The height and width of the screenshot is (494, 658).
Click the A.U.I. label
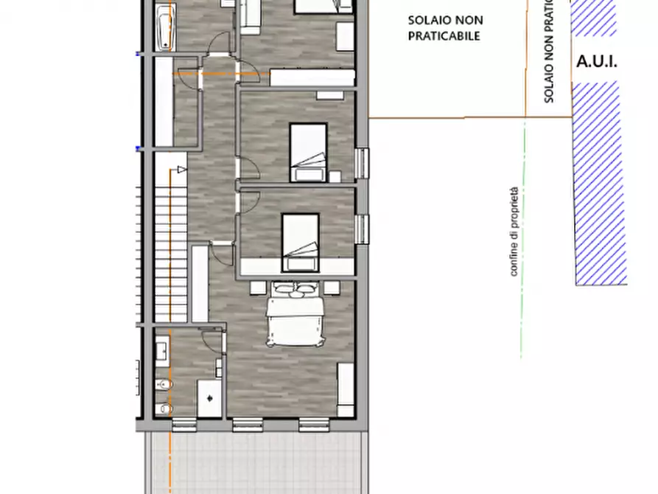click(x=596, y=62)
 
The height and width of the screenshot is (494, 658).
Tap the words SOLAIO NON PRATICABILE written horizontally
click(x=445, y=28)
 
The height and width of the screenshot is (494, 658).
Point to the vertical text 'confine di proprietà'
click(x=514, y=232)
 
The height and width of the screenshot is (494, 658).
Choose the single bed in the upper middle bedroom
click(x=307, y=152)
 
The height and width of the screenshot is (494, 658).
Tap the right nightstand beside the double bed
click(x=331, y=288)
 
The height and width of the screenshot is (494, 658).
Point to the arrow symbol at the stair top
click(x=178, y=170)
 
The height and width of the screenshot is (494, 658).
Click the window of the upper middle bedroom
click(x=362, y=164)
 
